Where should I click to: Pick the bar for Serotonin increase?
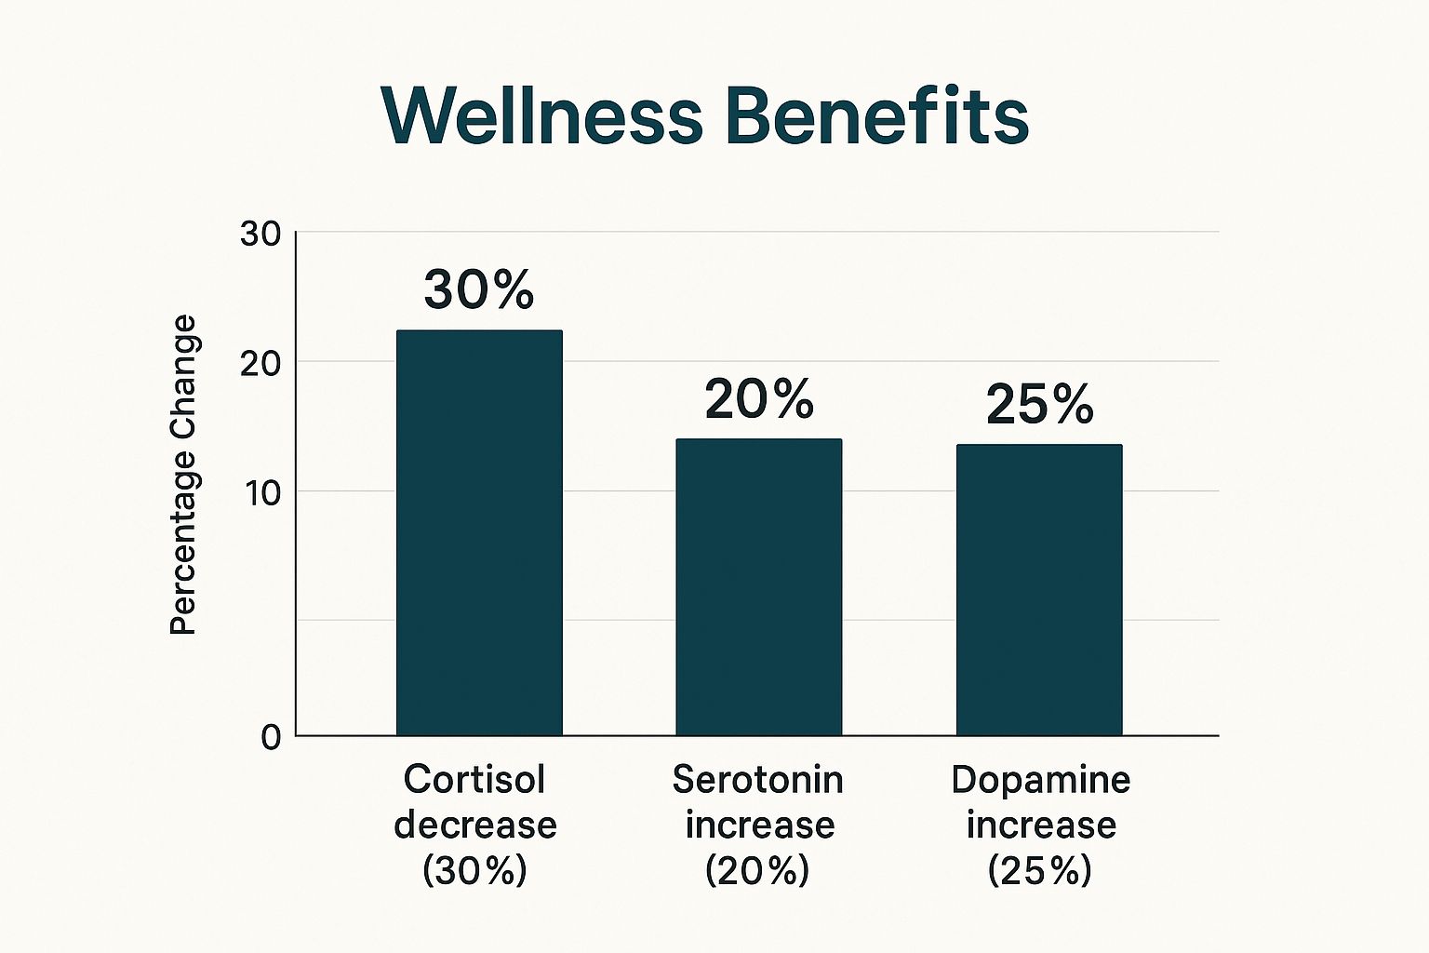pos(758,587)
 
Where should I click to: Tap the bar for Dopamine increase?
pos(1039,590)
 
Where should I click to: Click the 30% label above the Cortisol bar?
pos(479,289)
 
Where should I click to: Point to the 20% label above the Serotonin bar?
pos(759,399)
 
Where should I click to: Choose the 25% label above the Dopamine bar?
pos(1039,405)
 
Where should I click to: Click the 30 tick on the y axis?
pos(260,234)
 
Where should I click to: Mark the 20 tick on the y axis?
pos(260,363)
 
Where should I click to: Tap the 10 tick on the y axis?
pos(262,492)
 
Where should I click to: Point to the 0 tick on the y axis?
pos(271,738)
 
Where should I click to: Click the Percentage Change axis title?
pos(183,476)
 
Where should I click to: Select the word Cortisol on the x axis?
pos(474,779)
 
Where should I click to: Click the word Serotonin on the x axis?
pos(757,779)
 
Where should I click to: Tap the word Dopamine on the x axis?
pos(1040,779)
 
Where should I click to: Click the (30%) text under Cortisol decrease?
pos(474,870)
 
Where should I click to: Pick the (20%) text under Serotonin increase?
pos(757,870)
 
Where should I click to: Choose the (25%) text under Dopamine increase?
pos(1040,870)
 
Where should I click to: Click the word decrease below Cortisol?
pos(474,825)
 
